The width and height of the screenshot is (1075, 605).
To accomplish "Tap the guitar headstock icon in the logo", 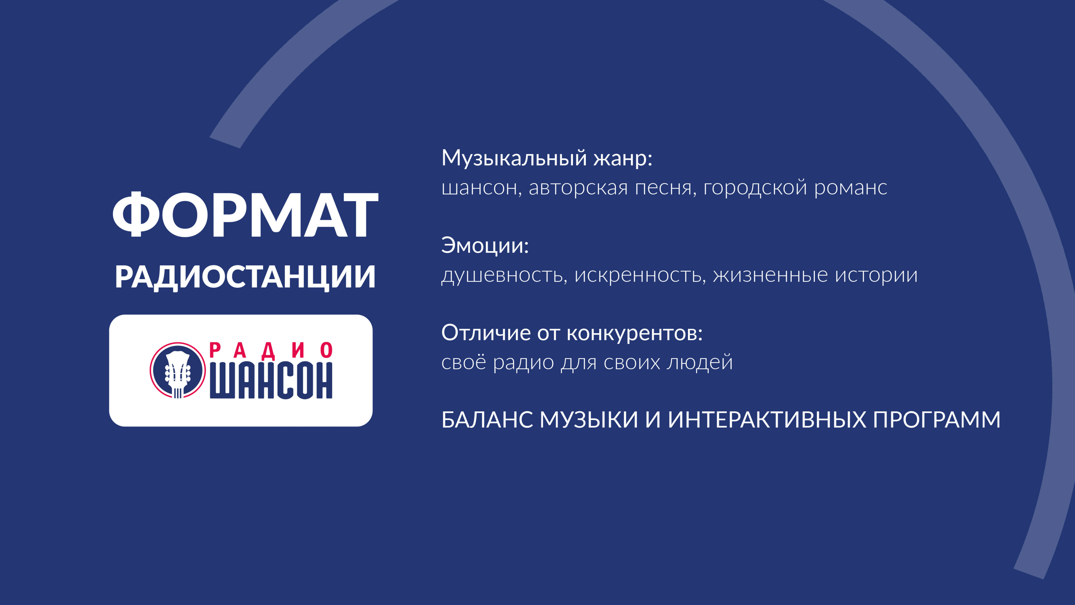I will [x=178, y=370].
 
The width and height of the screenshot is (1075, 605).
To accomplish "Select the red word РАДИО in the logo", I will [x=271, y=351].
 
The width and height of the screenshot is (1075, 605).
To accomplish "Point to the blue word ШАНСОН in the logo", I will [x=271, y=381].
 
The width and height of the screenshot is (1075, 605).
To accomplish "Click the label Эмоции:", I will [x=485, y=246].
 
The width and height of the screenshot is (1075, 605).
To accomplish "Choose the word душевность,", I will [x=504, y=275].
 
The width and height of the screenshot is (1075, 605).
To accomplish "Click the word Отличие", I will [x=486, y=333].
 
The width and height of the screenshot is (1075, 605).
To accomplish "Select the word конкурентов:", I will [x=634, y=333].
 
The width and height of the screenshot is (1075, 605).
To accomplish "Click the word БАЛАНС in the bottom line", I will [x=487, y=420].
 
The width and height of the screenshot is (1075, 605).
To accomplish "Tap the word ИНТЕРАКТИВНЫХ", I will [x=767, y=420].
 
